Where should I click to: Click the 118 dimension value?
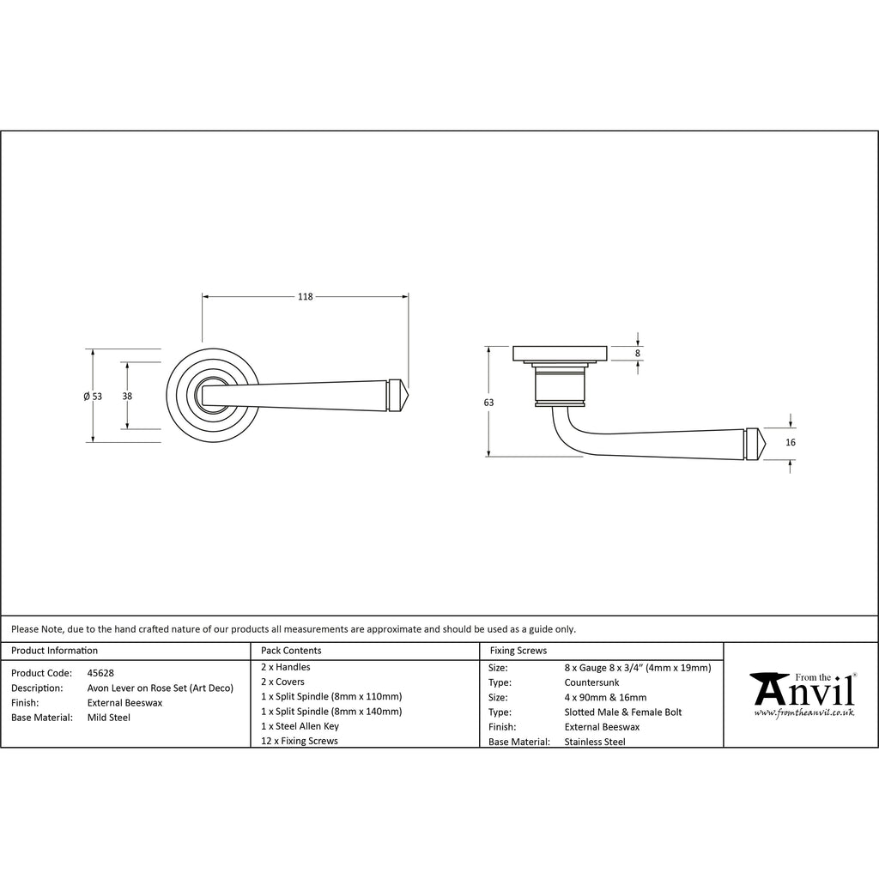pos(305,296)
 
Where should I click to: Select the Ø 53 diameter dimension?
pos(93,397)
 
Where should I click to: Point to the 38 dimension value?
pos(127,397)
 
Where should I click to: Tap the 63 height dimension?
pos(488,403)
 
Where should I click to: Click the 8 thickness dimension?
pos(638,354)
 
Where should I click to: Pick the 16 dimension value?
pos(791,442)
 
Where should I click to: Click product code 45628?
pos(100,673)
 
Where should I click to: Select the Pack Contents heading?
pos(291,651)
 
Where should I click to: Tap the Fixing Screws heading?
pos(518,651)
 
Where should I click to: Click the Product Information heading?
pos(54,651)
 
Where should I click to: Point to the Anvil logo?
pos(803,694)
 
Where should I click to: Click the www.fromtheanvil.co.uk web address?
pos(803,712)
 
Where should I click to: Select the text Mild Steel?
pos(109,718)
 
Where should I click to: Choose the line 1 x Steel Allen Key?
pos(300,726)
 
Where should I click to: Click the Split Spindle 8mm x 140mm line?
pos(331,712)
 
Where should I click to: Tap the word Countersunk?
pos(591,682)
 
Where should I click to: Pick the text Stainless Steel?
pos(595,742)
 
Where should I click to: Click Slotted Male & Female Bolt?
pos(623,712)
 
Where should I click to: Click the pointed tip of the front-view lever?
pos(408,395)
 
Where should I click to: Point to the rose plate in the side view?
pos(560,353)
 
